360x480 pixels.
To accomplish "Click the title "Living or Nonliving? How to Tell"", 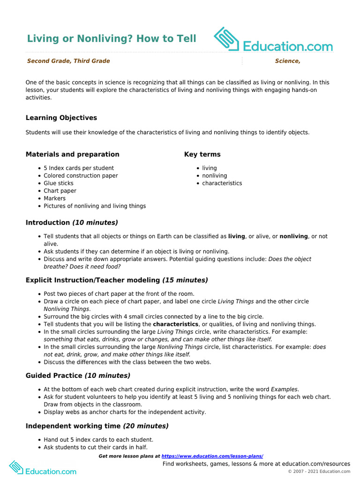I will pyautogui.click(x=112, y=38).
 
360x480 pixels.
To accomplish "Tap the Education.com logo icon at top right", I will pyautogui.click(x=227, y=39).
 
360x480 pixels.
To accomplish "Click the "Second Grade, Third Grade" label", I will pyautogui.click(x=68, y=61).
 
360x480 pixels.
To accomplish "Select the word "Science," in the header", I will pyautogui.click(x=287, y=61).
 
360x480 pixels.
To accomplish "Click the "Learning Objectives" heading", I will pyautogui.click(x=61, y=118).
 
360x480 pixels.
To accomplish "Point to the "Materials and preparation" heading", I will pyautogui.click(x=73, y=154).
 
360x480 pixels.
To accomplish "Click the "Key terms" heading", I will pyautogui.click(x=202, y=154).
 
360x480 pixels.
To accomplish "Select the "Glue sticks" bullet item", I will pyautogui.click(x=59, y=183).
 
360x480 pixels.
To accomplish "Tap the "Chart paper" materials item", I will pyautogui.click(x=60, y=191).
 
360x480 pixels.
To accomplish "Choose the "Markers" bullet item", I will pyautogui.click(x=55, y=198).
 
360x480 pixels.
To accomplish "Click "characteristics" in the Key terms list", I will pyautogui.click(x=222, y=183).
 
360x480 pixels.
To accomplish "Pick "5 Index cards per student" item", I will pyautogui.click(x=79, y=168).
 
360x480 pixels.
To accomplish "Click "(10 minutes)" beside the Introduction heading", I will pyautogui.click(x=95, y=223).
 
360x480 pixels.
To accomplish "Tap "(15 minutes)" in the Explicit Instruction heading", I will pyautogui.click(x=185, y=280).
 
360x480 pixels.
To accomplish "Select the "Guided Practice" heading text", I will pyautogui.click(x=54, y=375).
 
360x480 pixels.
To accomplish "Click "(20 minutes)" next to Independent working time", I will pyautogui.click(x=146, y=426).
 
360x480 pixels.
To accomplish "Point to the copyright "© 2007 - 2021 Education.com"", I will pyautogui.click(x=319, y=472).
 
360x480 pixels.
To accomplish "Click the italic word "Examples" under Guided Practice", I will pyautogui.click(x=284, y=389).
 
